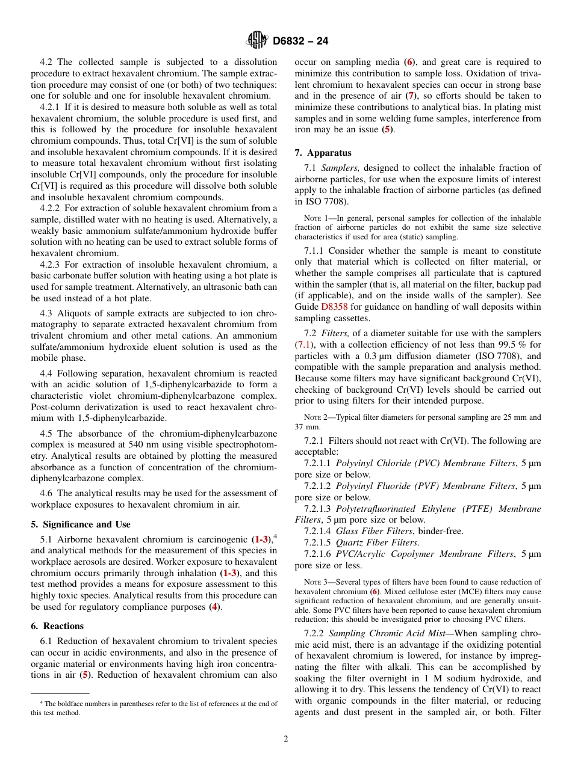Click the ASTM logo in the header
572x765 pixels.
click(257, 41)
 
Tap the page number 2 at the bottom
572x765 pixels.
click(286, 739)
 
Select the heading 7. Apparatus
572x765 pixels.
click(323, 153)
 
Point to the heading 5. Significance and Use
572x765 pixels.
click(80, 524)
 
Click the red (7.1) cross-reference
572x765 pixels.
click(303, 345)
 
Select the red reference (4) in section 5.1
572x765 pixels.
click(214, 607)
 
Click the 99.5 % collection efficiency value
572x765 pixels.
click(492, 345)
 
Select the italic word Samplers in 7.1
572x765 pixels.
click(340, 168)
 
